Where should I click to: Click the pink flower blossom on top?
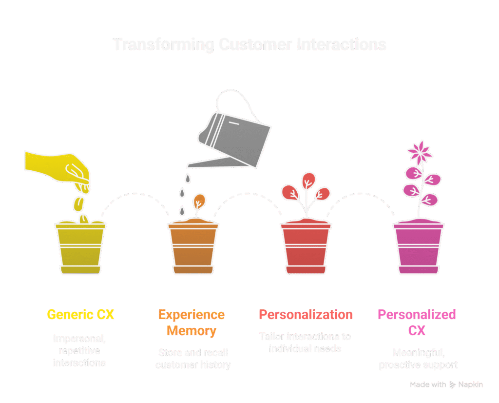click(x=420, y=152)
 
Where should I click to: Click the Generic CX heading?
click(x=80, y=315)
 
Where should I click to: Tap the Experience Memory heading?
click(x=192, y=322)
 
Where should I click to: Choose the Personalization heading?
click(x=306, y=315)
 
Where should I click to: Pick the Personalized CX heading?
click(x=417, y=322)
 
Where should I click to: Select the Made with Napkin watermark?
click(x=446, y=385)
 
